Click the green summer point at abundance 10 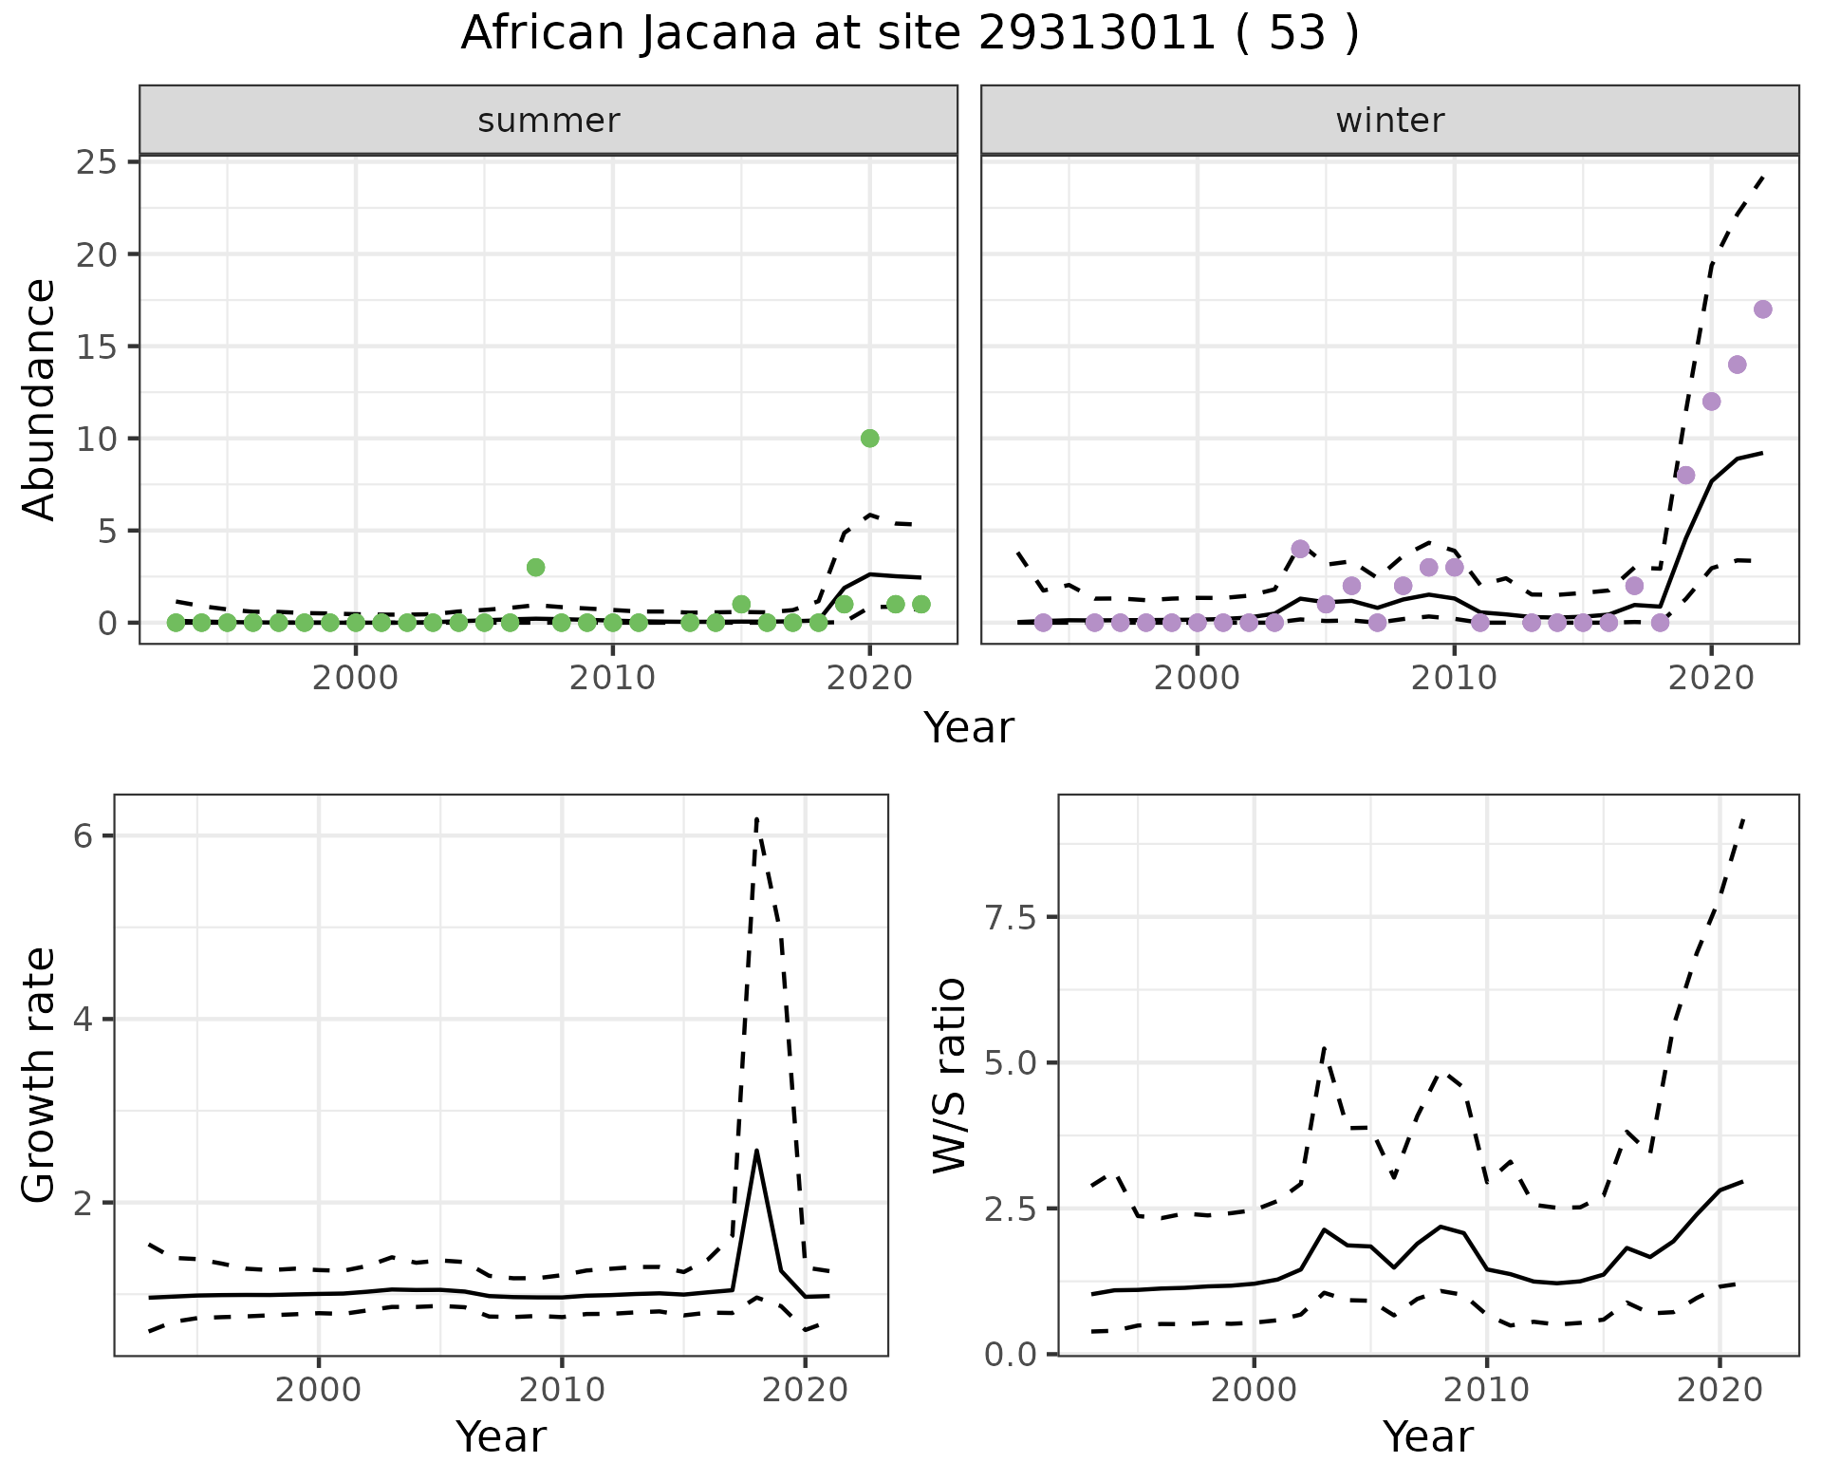(x=869, y=438)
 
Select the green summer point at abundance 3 (x=535, y=568)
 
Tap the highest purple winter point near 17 (x=1763, y=309)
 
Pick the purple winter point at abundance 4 (x=1300, y=549)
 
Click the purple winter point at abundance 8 (x=1685, y=475)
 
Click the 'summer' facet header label (x=548, y=121)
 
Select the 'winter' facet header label (x=1389, y=121)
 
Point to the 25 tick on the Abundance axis (x=99, y=162)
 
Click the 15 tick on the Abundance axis (x=99, y=347)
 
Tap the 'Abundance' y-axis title (x=40, y=399)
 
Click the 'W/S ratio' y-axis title (x=949, y=1075)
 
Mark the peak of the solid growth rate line (x=756, y=1151)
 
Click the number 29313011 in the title (x=1096, y=34)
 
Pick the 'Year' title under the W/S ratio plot (x=1427, y=1436)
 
